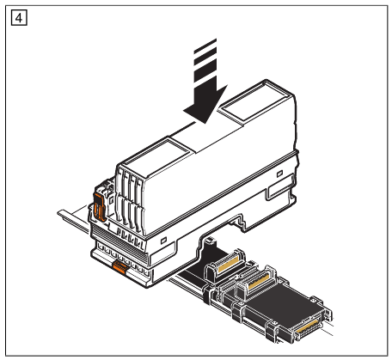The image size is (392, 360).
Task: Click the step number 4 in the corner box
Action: coord(19,18)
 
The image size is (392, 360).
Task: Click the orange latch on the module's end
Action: coord(98,207)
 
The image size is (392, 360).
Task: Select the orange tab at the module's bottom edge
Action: coord(119,267)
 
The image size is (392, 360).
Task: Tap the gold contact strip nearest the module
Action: coord(229,265)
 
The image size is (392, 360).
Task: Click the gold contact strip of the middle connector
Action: coord(259,282)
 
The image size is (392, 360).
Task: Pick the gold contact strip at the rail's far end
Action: coord(308,326)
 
